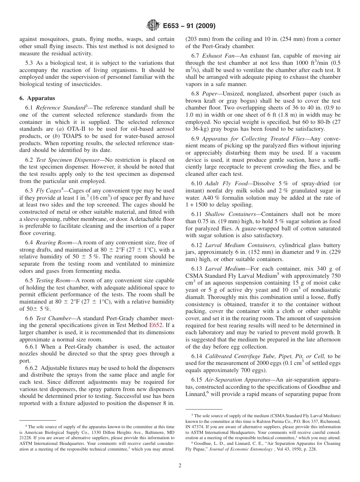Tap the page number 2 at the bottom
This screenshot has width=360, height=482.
pyautogui.click(x=180, y=466)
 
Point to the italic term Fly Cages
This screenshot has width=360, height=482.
pyautogui.click(x=48, y=190)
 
